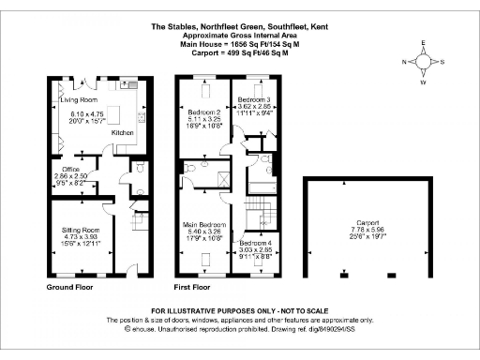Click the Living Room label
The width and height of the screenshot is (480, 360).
coord(79,98)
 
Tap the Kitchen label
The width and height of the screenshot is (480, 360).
coord(124,133)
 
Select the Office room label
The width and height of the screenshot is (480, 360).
coord(58,169)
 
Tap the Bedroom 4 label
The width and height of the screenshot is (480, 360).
coord(255,243)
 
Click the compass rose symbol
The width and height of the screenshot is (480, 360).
coord(423,62)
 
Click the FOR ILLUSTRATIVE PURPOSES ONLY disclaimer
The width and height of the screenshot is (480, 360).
coord(239,310)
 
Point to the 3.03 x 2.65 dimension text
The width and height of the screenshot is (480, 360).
coord(255,250)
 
